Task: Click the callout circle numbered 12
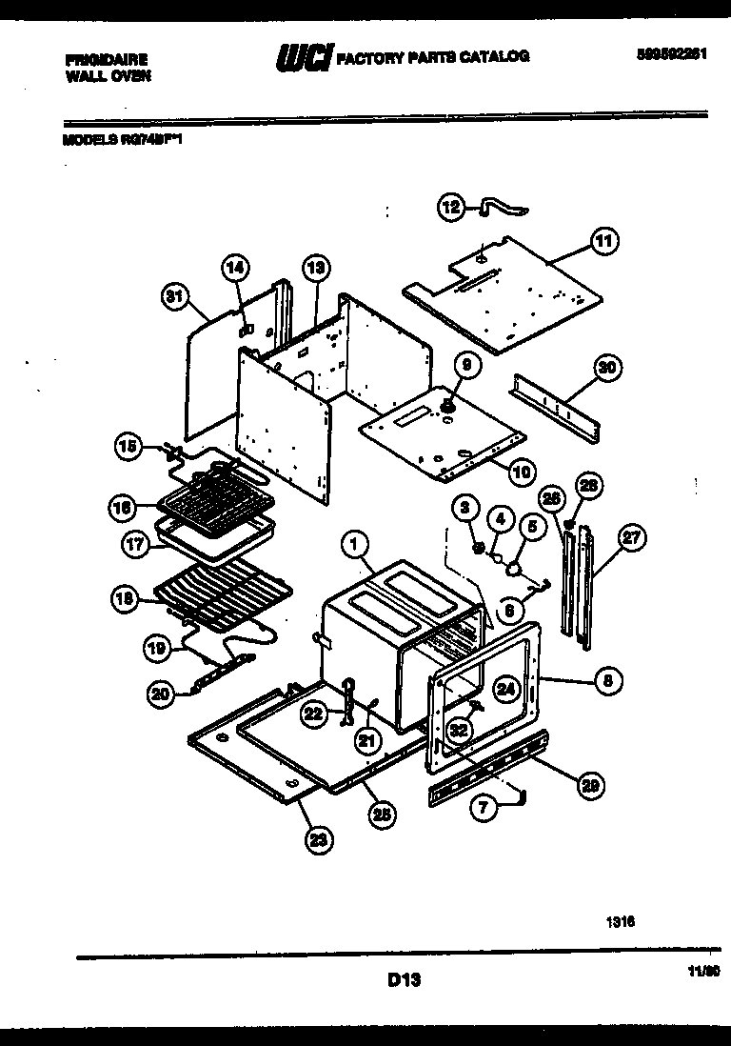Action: (450, 207)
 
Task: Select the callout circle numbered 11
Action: (603, 242)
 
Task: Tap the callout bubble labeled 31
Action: (173, 297)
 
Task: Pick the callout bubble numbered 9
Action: (466, 364)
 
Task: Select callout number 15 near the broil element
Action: (128, 445)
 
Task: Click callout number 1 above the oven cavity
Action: (353, 545)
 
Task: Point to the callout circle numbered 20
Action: (160, 694)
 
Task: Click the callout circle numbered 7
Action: (485, 808)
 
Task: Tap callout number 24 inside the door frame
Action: (505, 689)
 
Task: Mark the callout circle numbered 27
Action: (629, 538)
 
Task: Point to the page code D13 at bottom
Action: (405, 978)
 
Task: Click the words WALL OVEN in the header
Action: (108, 74)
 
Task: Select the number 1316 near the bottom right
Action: (621, 921)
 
